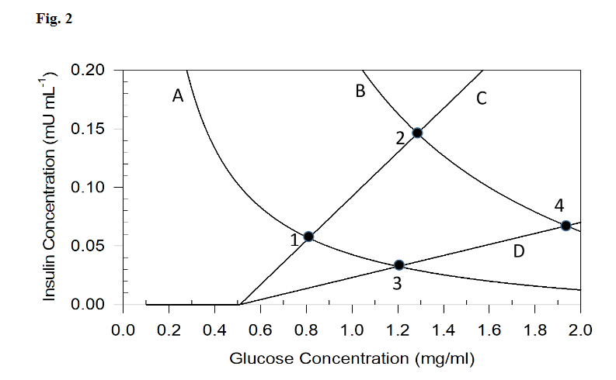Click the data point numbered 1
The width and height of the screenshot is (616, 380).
[x=308, y=237]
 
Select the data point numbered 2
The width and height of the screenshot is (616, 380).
[x=417, y=133]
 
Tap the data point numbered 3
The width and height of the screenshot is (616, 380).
[x=399, y=264]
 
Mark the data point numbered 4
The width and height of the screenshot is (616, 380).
[x=566, y=226]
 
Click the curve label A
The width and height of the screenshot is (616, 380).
[x=178, y=96]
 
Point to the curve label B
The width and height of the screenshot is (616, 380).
[x=360, y=92]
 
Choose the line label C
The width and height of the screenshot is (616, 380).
[x=481, y=98]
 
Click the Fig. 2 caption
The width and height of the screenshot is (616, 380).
[x=54, y=19]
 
